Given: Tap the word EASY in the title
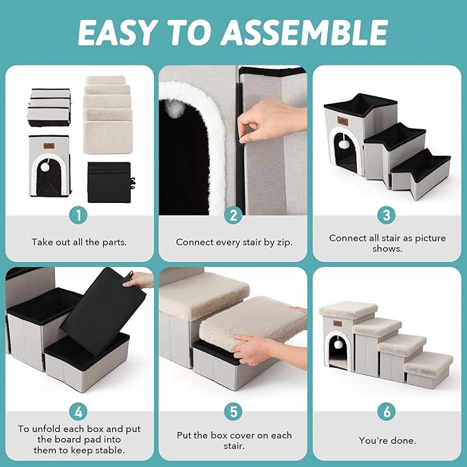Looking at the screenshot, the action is click(x=116, y=32).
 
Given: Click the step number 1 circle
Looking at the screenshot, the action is click(x=78, y=215).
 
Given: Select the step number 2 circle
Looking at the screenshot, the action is click(x=233, y=215).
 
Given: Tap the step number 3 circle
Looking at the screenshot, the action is click(x=387, y=215).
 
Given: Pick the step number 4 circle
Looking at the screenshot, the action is click(x=78, y=412).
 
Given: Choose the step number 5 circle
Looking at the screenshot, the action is click(x=233, y=412).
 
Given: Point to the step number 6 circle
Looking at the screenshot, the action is click(x=387, y=412).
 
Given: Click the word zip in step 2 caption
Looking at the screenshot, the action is click(x=284, y=243).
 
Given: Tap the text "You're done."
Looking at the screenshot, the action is click(x=387, y=440).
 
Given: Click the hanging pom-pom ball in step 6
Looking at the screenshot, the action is click(x=338, y=345).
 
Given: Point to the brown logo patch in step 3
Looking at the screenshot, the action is click(x=343, y=120).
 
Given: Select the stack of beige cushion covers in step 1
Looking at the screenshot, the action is click(x=108, y=115).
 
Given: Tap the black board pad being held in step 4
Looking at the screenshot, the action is click(x=103, y=311).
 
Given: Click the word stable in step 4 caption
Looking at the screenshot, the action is click(x=109, y=450).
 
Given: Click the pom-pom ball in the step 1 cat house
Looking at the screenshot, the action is click(x=45, y=168).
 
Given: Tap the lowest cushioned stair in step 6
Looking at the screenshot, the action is click(x=428, y=369).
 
